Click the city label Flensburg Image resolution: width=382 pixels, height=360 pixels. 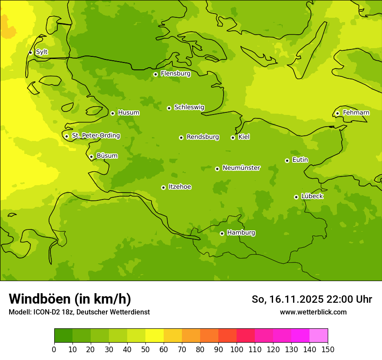pos(175,74)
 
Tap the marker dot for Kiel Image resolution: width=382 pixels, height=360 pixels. pos(233,137)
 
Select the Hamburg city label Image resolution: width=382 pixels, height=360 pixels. pos(241,233)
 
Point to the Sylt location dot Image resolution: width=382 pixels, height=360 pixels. pos(30,52)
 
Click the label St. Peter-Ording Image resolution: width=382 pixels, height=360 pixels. pos(96,136)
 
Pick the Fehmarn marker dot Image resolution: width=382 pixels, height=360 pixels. pos(337,113)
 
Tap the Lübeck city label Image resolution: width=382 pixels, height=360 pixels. pos(312,196)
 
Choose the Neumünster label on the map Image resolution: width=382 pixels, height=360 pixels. pos(241,168)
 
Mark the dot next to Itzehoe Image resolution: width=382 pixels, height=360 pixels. pos(163,187)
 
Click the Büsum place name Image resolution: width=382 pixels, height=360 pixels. pos(107,156)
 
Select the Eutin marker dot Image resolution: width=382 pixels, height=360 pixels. pos(287,160)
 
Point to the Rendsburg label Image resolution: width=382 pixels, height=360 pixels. pos(203,137)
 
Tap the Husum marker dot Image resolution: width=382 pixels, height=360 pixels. pos(112,113)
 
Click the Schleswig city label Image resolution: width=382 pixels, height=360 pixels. pos(189,108)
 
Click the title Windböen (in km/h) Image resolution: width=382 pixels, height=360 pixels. pos(70,299)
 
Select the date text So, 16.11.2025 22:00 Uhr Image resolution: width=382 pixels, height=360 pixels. pos(312,299)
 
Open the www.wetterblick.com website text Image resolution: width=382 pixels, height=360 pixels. pos(313,312)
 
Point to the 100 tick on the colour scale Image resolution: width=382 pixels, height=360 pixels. pos(237,349)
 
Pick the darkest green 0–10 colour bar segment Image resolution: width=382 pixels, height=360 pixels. pos(63,335)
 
